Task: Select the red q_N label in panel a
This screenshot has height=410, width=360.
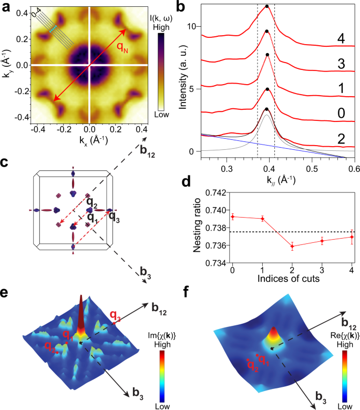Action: point(123,48)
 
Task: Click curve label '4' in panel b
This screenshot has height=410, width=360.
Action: point(340,39)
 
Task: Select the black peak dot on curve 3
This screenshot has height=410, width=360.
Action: point(267,55)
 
